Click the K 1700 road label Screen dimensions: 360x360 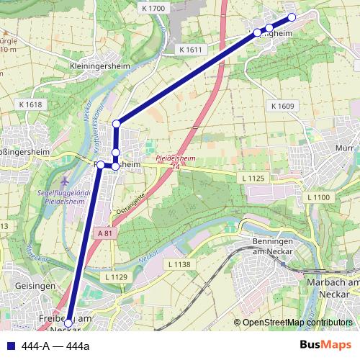click(153, 8)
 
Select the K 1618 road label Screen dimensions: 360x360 click(31, 104)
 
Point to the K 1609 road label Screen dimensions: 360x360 click(283, 105)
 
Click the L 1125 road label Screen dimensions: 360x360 click(254, 177)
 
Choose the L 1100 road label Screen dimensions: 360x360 click(317, 197)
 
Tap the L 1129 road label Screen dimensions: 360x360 click(115, 276)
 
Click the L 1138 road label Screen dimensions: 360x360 click(180, 265)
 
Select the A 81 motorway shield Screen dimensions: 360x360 click(104, 234)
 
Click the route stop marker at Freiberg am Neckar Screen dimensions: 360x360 click(68, 323)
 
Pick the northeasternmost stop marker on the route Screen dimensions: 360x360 click(292, 17)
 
